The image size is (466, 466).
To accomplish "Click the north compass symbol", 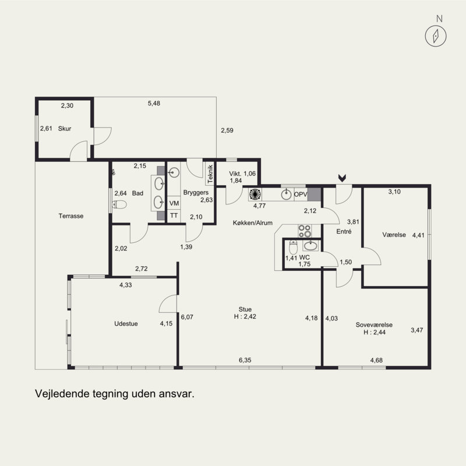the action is pos(435,36).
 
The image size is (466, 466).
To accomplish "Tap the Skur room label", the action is pos(65,129).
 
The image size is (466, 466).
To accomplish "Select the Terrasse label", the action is pos(70,216).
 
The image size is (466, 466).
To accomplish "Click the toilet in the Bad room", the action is pos(119,204).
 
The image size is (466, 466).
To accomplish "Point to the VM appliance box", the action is pos(174,203).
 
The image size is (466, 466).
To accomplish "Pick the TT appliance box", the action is pos(174,216).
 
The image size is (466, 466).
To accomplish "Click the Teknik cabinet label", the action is pos(210,174).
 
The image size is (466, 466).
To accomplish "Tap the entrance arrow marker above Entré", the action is pos(342,178).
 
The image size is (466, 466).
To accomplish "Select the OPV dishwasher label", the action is pos(301,195).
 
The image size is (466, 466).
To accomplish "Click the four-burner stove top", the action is pos(305,231).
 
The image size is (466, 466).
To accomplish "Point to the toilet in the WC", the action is pos(293,247).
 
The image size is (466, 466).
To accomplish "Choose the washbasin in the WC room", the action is pos(311,245).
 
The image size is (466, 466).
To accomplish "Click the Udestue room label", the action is pos(126,324).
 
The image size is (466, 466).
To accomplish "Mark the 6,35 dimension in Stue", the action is pos(245,360).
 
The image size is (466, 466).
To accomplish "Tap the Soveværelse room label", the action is pos(374,325).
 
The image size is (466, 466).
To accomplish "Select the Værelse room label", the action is pos(394,235).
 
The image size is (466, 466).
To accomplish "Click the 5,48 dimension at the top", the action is pos(154,104).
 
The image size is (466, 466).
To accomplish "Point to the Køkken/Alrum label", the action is pos(253,223).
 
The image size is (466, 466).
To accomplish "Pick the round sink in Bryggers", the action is pos(174,172).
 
